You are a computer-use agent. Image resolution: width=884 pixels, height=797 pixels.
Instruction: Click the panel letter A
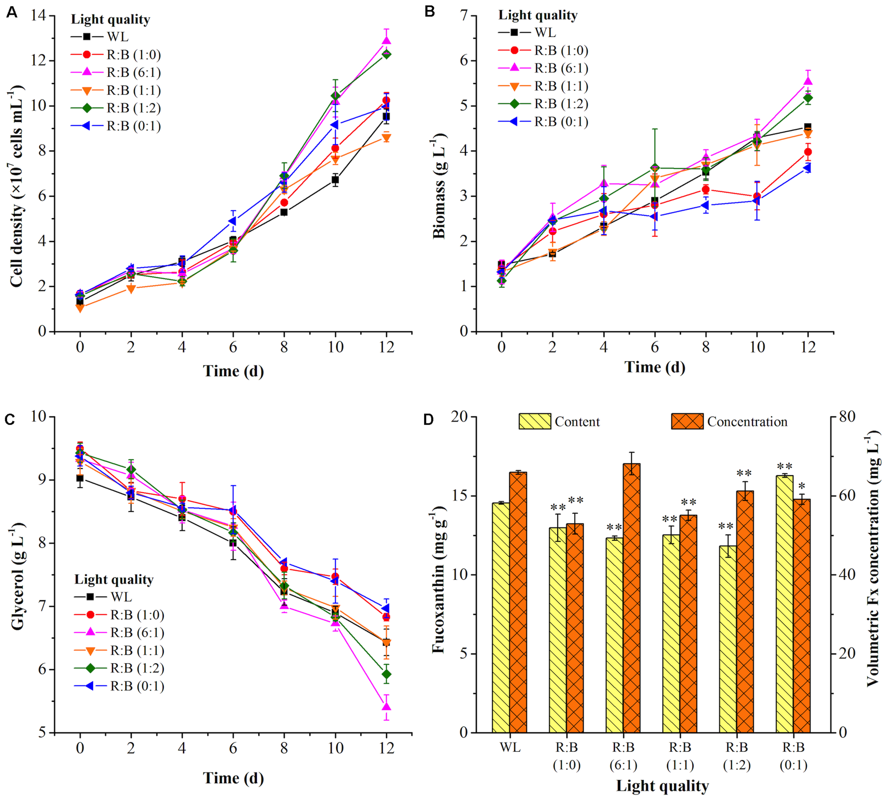pyautogui.click(x=12, y=12)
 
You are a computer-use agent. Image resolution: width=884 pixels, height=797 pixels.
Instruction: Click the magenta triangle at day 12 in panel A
pyautogui.click(x=386, y=41)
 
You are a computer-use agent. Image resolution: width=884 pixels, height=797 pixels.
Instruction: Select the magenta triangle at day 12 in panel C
pyautogui.click(x=386, y=706)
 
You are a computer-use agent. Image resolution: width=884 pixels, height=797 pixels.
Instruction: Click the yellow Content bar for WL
pyautogui.click(x=500, y=618)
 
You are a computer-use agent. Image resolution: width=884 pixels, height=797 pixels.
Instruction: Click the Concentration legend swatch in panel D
pyautogui.click(x=687, y=421)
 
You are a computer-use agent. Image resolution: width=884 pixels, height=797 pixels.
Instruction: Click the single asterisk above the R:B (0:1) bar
pyautogui.click(x=802, y=487)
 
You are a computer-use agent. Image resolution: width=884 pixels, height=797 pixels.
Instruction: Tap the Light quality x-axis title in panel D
pyautogui.click(x=662, y=786)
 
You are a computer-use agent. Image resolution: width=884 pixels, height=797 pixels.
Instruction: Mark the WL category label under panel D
pyautogui.click(x=510, y=747)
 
